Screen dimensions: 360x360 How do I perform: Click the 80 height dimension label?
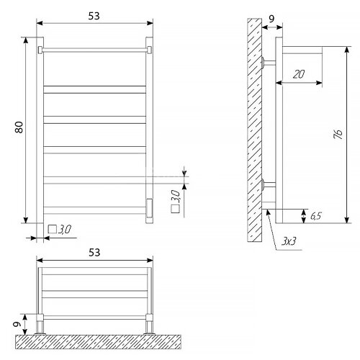pyautogui.click(x=19, y=127)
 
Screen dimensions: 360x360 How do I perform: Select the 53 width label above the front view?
pyautogui.click(x=94, y=16)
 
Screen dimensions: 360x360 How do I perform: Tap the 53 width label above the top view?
pyautogui.click(x=94, y=253)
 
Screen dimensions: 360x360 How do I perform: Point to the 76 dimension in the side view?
pyautogui.click(x=338, y=135)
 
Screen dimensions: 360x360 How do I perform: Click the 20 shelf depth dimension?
pyautogui.click(x=299, y=74)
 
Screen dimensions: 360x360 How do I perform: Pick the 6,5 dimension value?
pyautogui.click(x=315, y=216)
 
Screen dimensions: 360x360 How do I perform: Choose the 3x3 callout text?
pyautogui.click(x=289, y=241)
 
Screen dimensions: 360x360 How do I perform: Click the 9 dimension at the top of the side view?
pyautogui.click(x=271, y=19)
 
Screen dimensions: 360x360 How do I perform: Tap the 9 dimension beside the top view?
pyautogui.click(x=17, y=324)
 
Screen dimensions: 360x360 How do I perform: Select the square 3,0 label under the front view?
pyautogui.click(x=60, y=230)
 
